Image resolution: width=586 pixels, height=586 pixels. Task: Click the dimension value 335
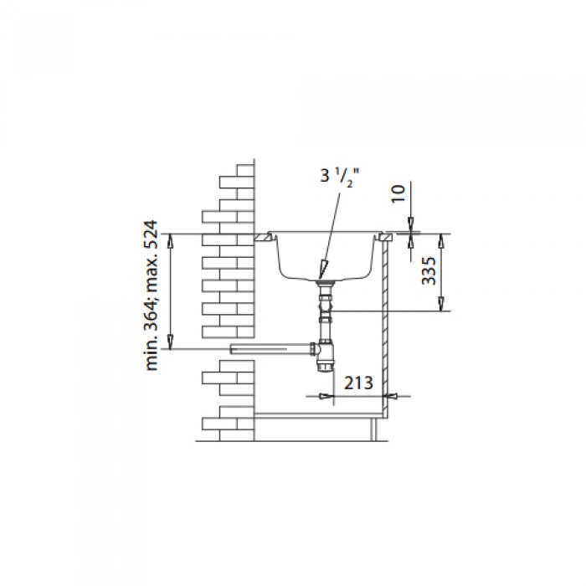[x=429, y=270]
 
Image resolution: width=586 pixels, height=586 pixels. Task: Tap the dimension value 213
[x=358, y=383]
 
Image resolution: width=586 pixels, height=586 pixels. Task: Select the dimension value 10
[x=398, y=193]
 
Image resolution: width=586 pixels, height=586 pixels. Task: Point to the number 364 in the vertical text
[x=152, y=314]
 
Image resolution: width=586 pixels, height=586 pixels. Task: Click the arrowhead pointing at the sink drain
[x=322, y=270]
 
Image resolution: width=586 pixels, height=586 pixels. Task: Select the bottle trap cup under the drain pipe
[x=325, y=359]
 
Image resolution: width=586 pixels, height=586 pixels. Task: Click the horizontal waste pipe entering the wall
[x=272, y=349]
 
